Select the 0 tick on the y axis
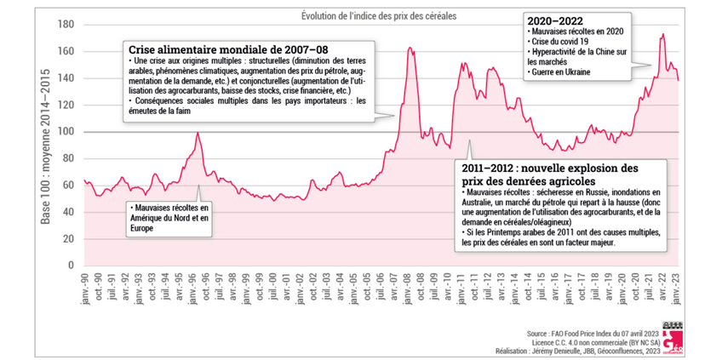pyautogui.click(x=71, y=265)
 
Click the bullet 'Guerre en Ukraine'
pyautogui.click(x=566, y=72)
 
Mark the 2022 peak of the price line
pyautogui.click(x=663, y=35)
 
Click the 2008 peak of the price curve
pyautogui.click(x=410, y=49)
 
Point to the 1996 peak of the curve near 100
pyautogui.click(x=198, y=133)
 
